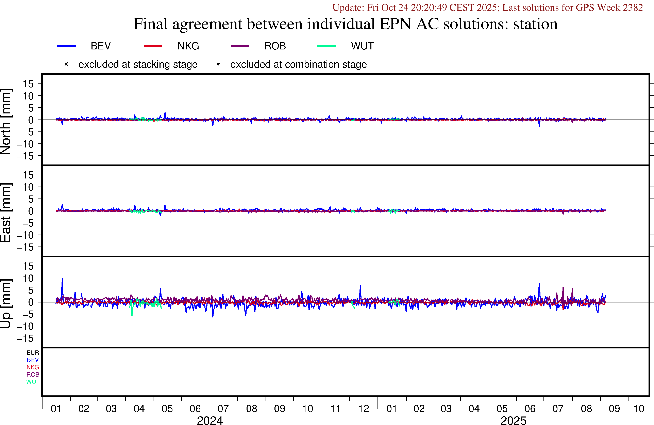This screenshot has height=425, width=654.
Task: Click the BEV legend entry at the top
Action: pyautogui.click(x=101, y=46)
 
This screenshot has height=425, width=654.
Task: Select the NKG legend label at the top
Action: pyautogui.click(x=188, y=46)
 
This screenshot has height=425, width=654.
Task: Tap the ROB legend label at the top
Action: pyautogui.click(x=275, y=46)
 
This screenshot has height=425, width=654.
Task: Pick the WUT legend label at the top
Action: pyautogui.click(x=362, y=46)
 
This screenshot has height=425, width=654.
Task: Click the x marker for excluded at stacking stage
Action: pyautogui.click(x=66, y=64)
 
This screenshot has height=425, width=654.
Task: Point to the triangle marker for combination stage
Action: pyautogui.click(x=218, y=64)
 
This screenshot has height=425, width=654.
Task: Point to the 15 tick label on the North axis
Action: pyautogui.click(x=28, y=84)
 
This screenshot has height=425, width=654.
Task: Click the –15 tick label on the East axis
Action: pyautogui.click(x=25, y=247)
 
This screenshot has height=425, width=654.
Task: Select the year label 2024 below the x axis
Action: pyautogui.click(x=210, y=420)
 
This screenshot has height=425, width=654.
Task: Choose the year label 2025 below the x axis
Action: pyautogui.click(x=513, y=420)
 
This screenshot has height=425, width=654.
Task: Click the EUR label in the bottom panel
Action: pyautogui.click(x=33, y=353)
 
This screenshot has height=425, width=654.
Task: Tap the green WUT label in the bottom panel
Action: pyautogui.click(x=33, y=382)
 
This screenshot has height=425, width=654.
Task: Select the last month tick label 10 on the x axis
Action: pyautogui.click(x=639, y=409)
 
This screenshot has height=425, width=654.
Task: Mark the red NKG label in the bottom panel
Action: pyautogui.click(x=33, y=367)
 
